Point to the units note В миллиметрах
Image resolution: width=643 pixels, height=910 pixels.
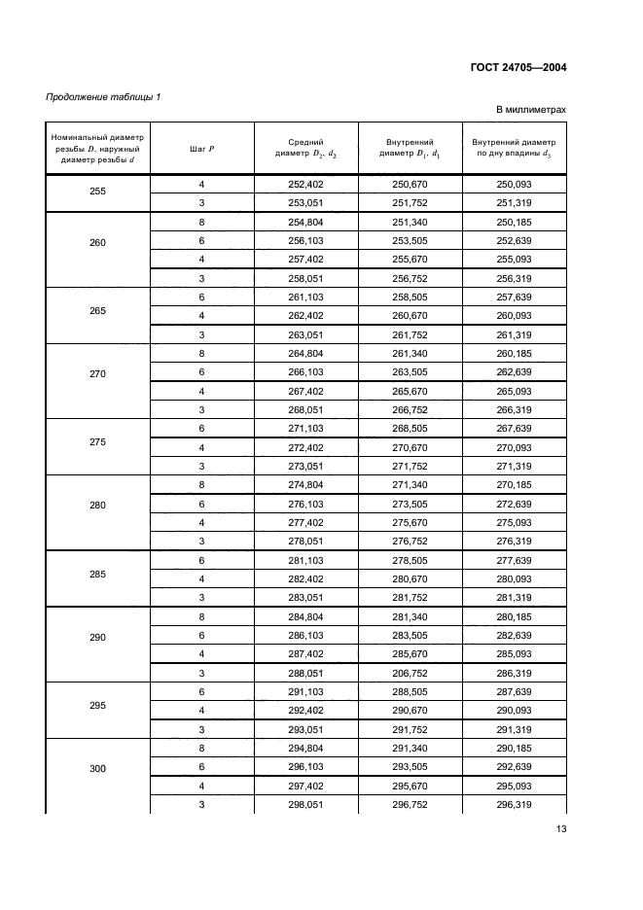click(531, 110)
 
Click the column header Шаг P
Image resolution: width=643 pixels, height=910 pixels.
click(201, 148)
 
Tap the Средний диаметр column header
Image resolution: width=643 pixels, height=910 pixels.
click(305, 148)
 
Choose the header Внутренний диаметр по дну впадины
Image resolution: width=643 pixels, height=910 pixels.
click(514, 148)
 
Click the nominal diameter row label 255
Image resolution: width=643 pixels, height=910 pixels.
click(97, 192)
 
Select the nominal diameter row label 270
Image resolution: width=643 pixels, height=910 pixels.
click(97, 373)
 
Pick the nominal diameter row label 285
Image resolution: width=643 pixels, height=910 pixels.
click(97, 574)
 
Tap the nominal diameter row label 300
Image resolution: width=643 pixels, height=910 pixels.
click(97, 768)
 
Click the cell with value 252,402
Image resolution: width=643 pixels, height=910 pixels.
click(305, 184)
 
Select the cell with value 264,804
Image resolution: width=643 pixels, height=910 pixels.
click(305, 355)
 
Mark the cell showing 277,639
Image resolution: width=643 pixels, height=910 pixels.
click(514, 560)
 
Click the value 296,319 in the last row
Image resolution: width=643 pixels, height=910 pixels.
click(514, 804)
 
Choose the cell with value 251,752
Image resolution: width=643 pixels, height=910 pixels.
click(410, 202)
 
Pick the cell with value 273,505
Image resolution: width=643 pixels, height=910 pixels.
click(410, 505)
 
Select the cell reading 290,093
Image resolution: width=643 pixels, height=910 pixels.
click(514, 712)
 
